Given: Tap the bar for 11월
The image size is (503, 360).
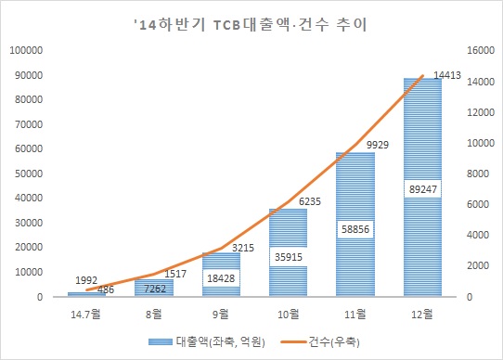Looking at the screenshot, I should [355, 269].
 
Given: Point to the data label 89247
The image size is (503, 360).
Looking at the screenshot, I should [422, 187].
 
